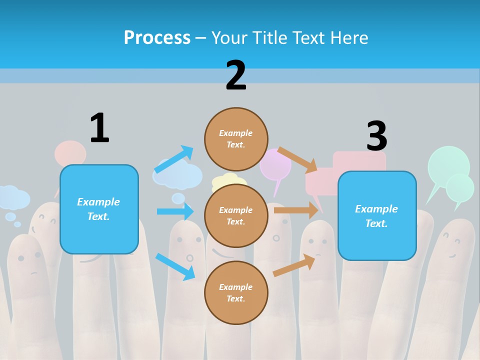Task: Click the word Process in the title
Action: [157, 37]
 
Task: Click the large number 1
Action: [99, 128]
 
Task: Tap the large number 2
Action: [236, 75]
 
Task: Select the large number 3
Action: [376, 136]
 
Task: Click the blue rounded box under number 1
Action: [99, 209]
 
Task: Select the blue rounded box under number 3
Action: [377, 216]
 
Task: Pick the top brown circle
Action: [236, 139]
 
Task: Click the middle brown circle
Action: [236, 215]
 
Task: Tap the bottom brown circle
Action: [236, 292]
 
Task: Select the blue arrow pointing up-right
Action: [174, 159]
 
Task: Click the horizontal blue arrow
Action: [175, 211]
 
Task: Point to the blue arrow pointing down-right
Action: [175, 266]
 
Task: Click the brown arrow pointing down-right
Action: [297, 159]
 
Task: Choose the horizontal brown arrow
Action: [295, 210]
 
